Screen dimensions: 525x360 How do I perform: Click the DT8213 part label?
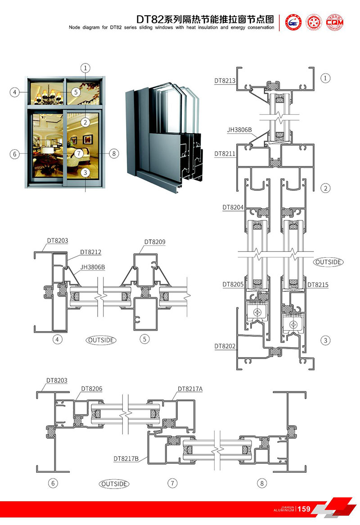click(225, 81)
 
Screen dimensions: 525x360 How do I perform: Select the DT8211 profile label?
click(225, 153)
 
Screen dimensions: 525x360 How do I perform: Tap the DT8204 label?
click(233, 207)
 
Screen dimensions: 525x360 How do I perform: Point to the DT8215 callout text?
click(318, 284)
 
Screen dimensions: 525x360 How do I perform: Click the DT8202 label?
click(225, 346)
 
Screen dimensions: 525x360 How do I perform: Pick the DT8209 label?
click(155, 242)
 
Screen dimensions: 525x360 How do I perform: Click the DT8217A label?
click(190, 389)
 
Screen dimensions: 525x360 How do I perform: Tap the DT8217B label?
click(126, 459)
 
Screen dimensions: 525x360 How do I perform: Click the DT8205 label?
click(233, 284)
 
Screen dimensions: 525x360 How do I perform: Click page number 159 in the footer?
click(304, 509)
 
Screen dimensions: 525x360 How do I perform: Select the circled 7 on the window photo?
click(79, 153)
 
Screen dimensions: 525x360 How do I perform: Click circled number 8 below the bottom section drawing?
click(262, 484)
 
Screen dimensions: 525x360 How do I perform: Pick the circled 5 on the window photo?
click(75, 92)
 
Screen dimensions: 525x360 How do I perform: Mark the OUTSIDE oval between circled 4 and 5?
click(101, 340)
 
